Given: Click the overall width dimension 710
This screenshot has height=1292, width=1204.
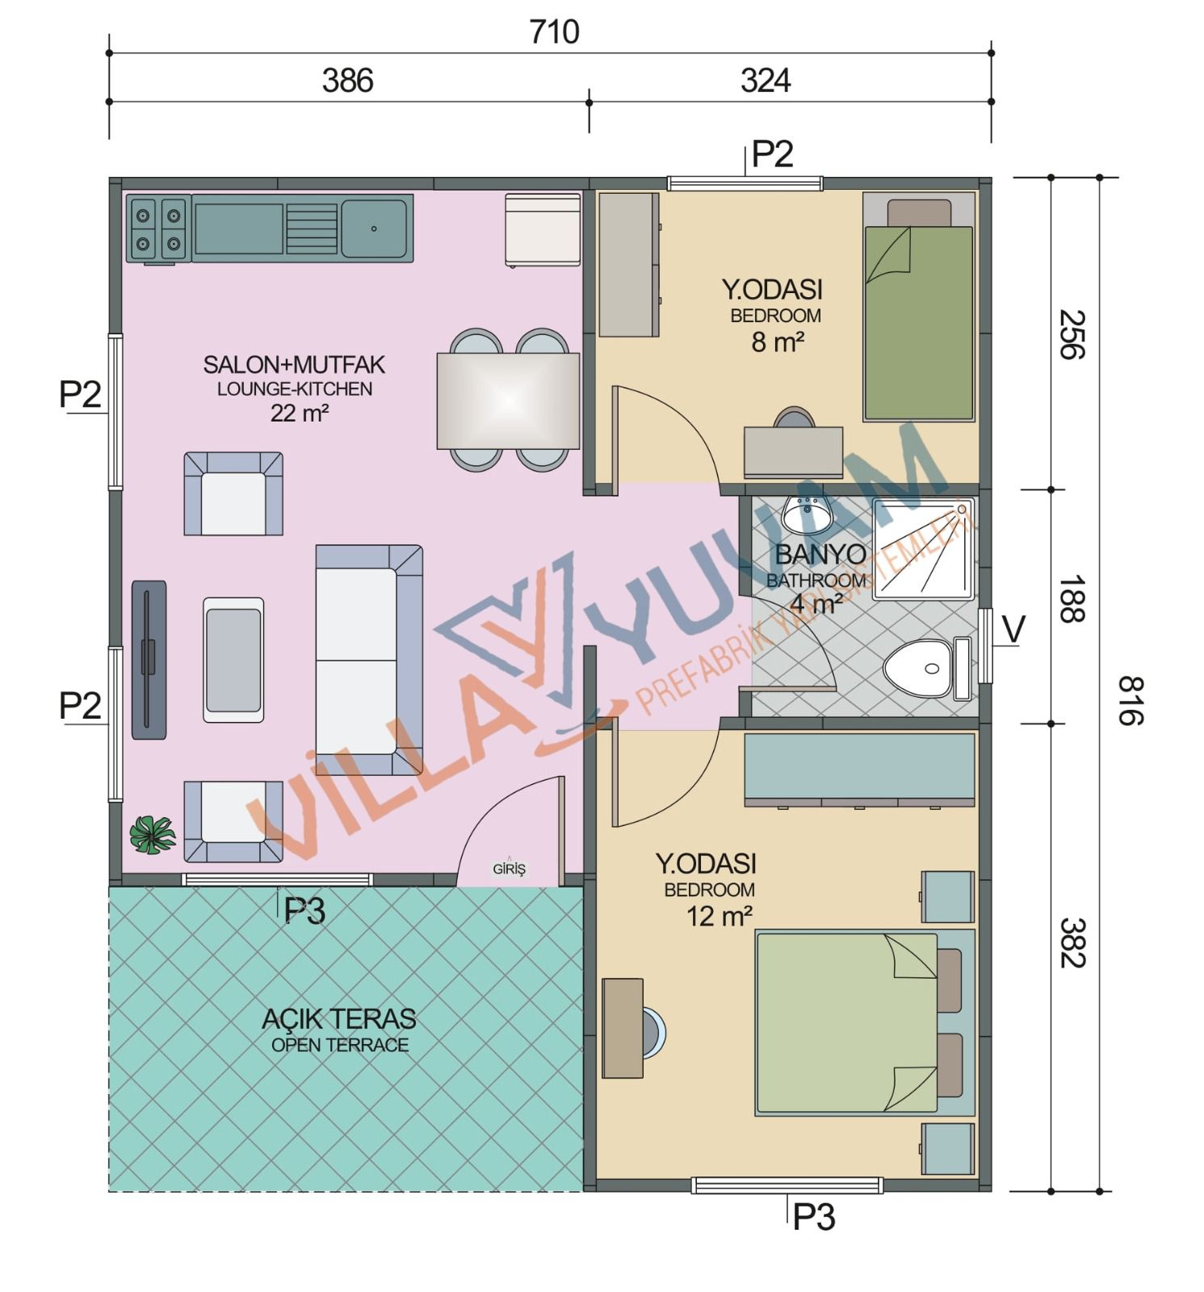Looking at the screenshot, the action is coord(554,32).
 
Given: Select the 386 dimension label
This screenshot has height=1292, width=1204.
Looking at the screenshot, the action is coord(347,81).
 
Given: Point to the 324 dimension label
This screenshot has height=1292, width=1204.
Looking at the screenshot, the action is coord(766,81).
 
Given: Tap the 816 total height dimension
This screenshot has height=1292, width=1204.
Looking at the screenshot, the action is coord(1131,700).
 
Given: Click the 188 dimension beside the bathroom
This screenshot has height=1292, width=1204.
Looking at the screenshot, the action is coord(1072,599).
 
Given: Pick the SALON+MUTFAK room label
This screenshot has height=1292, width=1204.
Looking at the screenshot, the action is coord(294,365).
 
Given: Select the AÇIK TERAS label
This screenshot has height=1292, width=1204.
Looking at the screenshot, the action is coord(339,1018).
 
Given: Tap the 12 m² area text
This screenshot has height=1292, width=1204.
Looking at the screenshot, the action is coord(719,916).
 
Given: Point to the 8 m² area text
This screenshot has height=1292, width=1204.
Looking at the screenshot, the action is coord(778,342).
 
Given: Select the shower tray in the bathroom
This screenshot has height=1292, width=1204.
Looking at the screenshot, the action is coord(923,548).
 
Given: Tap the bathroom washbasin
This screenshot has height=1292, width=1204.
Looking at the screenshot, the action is coord(807,514).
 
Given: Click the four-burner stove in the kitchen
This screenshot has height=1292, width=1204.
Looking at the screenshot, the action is coord(158,229).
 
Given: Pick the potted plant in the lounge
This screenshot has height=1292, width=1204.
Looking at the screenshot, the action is coord(153,835).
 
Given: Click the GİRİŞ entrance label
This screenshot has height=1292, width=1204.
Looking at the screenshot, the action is coord(509,869).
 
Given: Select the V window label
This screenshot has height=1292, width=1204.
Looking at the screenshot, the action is coord(1013,629).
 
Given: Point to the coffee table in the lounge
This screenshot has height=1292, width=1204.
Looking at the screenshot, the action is coord(233,660).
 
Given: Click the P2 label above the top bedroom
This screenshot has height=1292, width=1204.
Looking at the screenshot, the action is coord(772,154).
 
